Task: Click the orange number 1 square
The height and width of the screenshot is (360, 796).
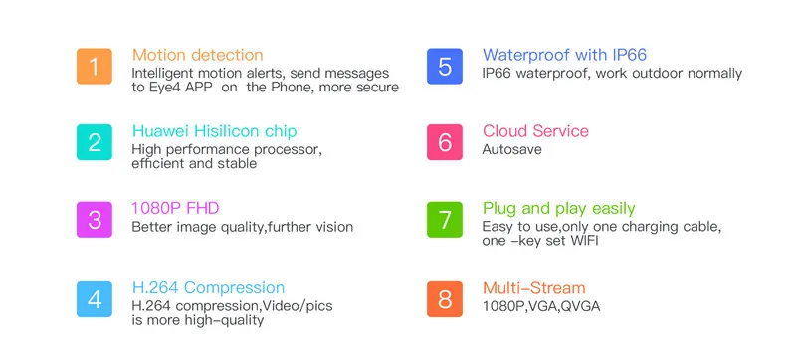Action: pos(95,66)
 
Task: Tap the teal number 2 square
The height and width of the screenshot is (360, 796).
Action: pos(95,142)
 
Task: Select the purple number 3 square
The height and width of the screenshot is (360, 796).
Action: pos(95,220)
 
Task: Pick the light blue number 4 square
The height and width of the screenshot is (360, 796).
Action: pos(95,299)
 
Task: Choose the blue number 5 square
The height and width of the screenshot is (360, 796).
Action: pos(445,66)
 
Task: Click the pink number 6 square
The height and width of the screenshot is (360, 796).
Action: pos(445,142)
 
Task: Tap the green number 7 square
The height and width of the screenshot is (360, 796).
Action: pos(445,220)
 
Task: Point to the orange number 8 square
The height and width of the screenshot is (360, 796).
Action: pos(445,299)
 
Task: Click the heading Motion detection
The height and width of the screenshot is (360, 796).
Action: pos(197,55)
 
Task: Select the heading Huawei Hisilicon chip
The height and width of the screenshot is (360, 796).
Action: pos(214,131)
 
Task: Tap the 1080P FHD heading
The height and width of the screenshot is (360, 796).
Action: pos(175,209)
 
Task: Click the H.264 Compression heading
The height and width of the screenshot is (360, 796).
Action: pos(208,288)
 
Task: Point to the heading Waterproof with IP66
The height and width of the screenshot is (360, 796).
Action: pos(564,55)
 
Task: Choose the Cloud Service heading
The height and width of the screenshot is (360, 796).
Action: pos(535,131)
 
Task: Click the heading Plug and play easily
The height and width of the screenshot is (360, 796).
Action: pos(558,209)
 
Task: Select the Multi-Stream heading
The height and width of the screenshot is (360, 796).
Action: pos(533,288)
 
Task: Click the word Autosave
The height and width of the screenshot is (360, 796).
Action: pos(511,149)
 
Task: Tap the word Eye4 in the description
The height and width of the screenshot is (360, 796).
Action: pos(164,88)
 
